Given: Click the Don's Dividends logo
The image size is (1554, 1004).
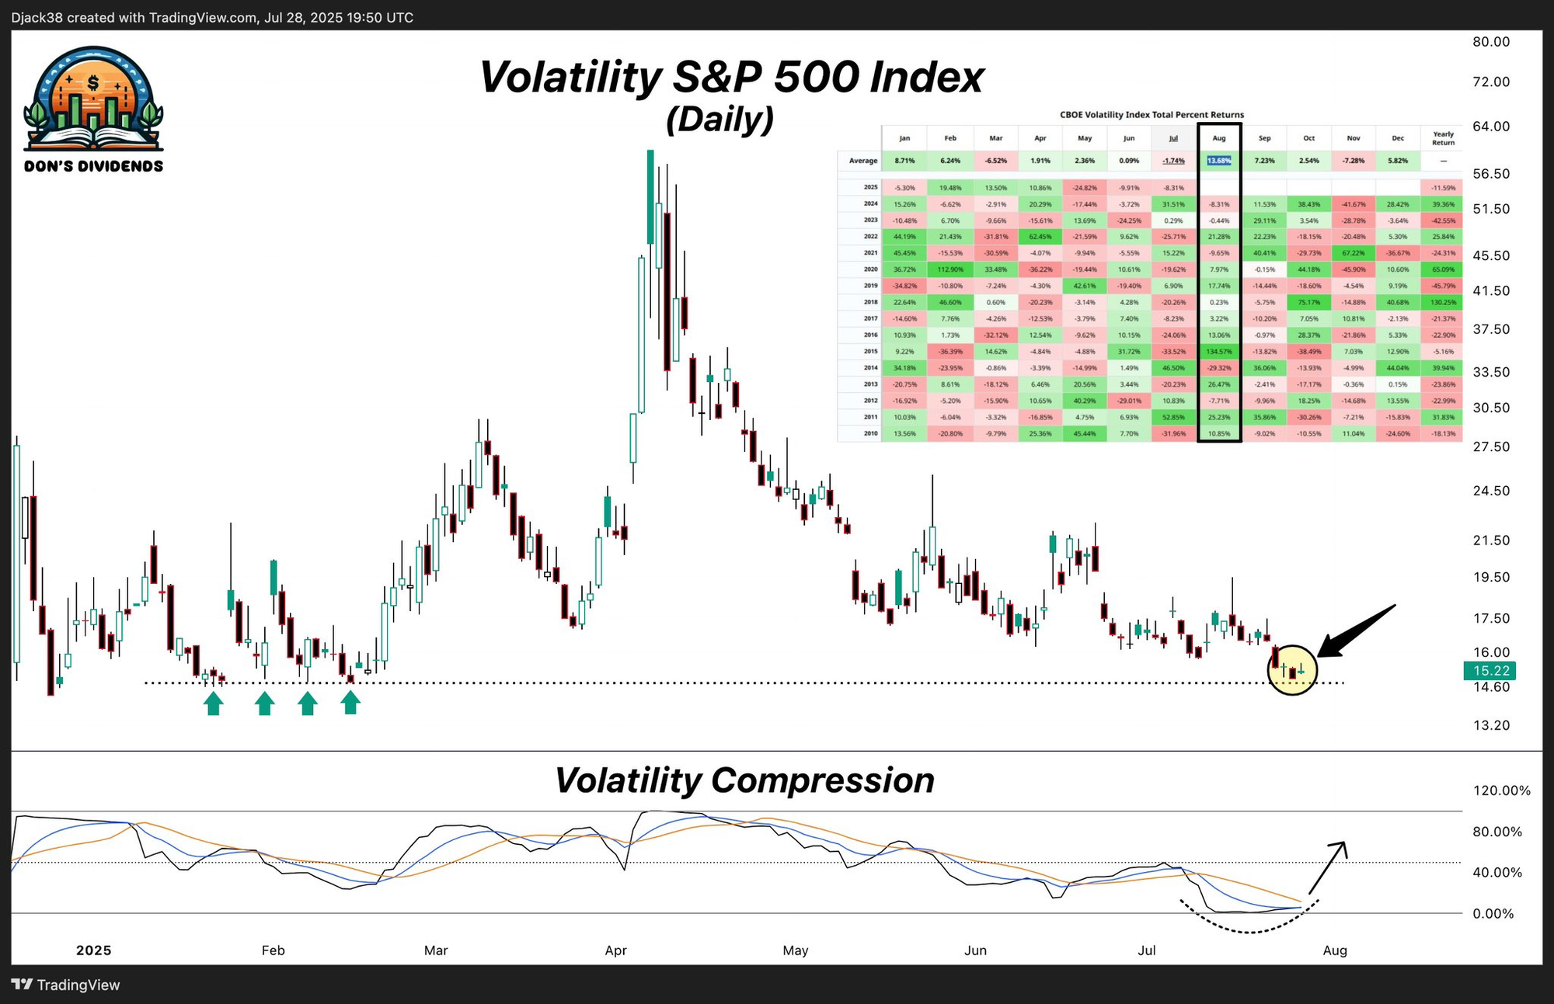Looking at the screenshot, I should [x=93, y=109].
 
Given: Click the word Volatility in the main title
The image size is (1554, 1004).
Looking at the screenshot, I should [x=571, y=78].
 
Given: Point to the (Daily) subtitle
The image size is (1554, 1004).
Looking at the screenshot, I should [x=720, y=120].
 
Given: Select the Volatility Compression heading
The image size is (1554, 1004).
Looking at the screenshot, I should [x=744, y=780].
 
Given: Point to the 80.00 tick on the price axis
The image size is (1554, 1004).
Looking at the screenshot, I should [x=1491, y=42].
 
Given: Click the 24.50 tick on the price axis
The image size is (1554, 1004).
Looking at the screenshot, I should [x=1491, y=491].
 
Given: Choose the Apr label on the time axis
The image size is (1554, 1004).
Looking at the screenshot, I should [x=615, y=950].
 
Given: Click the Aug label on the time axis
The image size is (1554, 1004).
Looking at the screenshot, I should [x=1334, y=950].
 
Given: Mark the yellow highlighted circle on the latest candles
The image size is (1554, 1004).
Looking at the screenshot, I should [x=1292, y=669].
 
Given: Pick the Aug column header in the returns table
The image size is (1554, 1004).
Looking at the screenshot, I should [x=1218, y=138].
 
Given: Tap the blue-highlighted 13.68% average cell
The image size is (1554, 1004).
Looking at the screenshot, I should [x=1218, y=161].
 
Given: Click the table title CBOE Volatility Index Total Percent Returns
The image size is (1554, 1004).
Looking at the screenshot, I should [x=1152, y=115].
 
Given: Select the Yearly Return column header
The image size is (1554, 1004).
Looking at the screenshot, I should [x=1443, y=138].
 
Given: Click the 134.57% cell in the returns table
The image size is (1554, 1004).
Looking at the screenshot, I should [x=1218, y=352].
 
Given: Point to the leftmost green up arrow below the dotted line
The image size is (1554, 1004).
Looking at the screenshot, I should [x=214, y=703].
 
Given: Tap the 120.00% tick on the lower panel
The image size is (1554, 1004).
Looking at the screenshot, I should [x=1501, y=791].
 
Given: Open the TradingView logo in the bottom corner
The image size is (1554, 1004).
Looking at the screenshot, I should [x=67, y=985].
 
